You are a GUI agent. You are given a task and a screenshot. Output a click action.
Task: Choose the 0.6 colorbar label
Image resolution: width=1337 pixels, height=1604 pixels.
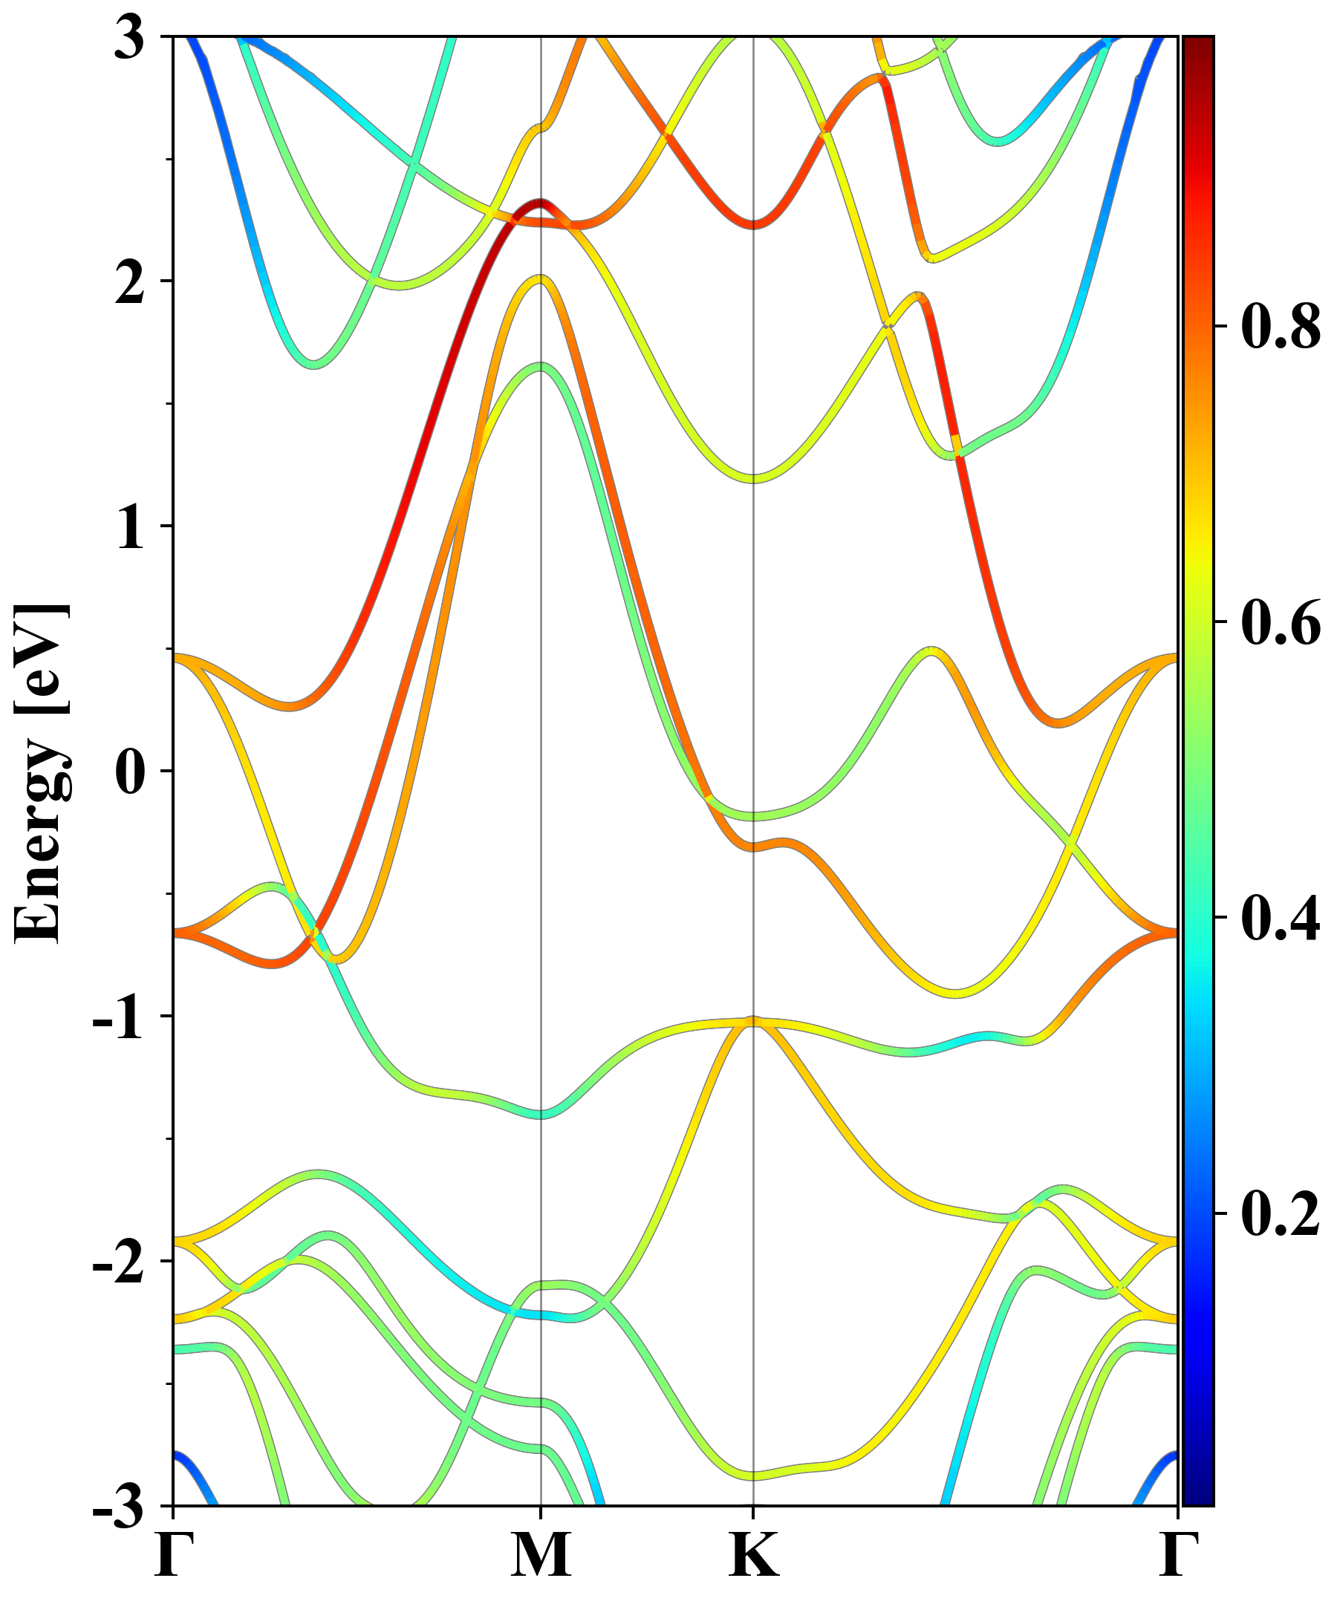1281,622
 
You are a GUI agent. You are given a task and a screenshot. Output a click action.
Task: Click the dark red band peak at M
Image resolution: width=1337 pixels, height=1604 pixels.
541,203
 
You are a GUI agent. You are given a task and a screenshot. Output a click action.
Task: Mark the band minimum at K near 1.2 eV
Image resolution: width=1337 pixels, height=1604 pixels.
753,479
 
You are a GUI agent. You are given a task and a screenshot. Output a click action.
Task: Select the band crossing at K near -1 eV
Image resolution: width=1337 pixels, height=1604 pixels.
753,1022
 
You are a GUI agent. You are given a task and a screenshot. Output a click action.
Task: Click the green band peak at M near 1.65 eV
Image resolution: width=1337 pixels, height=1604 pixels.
541,366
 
